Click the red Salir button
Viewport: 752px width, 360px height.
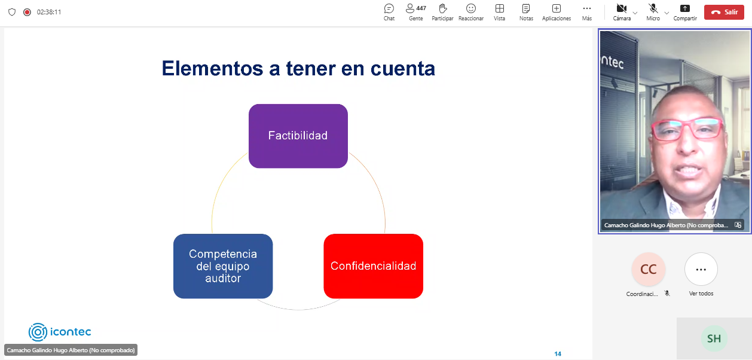coord(724,12)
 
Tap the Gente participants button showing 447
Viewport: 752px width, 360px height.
coord(415,12)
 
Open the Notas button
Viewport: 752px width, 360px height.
coord(526,12)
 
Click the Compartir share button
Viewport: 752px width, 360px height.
coord(685,12)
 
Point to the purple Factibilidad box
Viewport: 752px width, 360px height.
coord(298,136)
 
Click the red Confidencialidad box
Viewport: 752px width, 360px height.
coord(374,266)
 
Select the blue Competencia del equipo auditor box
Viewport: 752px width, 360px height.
coord(223,266)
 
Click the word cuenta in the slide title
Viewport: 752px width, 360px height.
coord(403,69)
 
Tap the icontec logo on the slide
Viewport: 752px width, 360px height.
coord(60,332)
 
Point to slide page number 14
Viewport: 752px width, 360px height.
coord(558,353)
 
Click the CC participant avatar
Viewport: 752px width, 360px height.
coord(648,269)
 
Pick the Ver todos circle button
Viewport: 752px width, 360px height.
coord(701,269)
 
